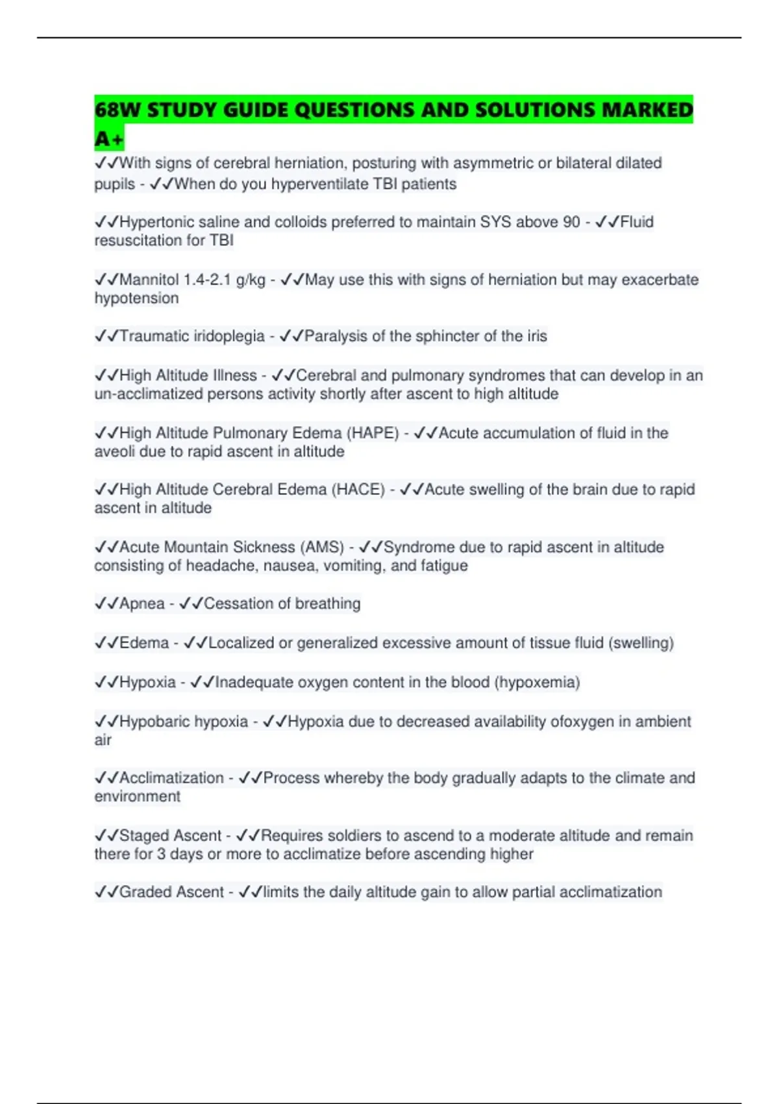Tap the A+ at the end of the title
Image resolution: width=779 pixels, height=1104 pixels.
108,139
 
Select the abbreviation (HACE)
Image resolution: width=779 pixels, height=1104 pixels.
358,490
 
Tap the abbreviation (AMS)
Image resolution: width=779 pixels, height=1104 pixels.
322,547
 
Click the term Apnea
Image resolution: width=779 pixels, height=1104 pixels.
142,604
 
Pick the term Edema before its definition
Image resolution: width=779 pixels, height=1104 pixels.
144,643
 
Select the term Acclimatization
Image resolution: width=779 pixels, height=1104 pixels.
171,778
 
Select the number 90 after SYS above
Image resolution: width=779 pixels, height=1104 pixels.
571,222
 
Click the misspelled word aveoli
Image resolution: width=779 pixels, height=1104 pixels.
114,452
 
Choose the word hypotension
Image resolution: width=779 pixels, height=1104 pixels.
136,299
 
